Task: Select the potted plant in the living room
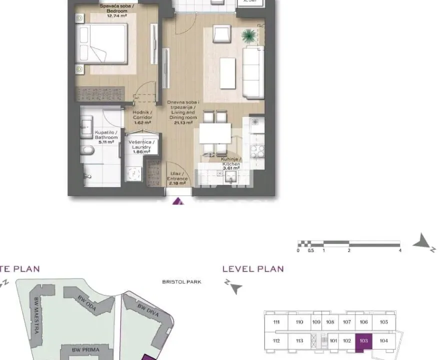(x=248, y=35)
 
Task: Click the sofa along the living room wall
(x=253, y=72)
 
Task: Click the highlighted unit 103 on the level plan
(x=363, y=341)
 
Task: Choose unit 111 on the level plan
(x=276, y=322)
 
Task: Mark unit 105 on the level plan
(x=383, y=322)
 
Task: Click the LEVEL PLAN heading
(x=253, y=269)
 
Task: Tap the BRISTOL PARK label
(x=181, y=282)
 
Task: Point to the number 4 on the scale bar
(x=400, y=250)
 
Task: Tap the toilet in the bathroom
(x=89, y=150)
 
